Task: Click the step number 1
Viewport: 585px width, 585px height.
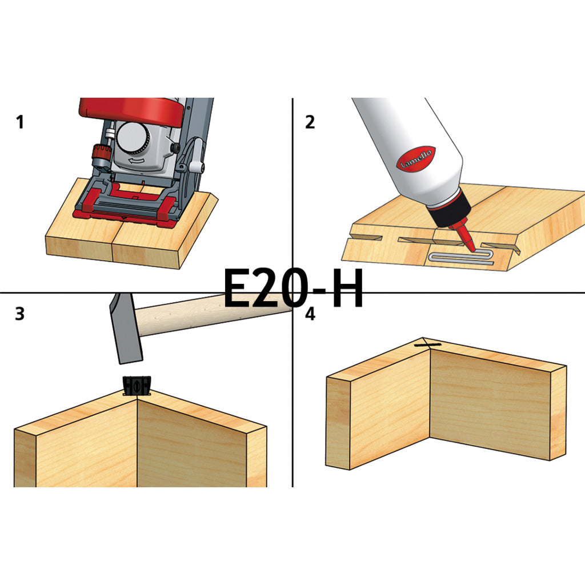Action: [x=20, y=122]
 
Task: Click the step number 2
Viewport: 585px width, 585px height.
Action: [x=310, y=122]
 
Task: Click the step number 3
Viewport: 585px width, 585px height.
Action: [x=20, y=314]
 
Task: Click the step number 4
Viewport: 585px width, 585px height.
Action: [x=310, y=314]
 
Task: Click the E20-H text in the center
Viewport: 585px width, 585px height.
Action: [x=293, y=287]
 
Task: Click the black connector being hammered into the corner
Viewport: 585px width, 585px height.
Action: [x=137, y=386]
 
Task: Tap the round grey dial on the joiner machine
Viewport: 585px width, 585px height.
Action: [x=133, y=138]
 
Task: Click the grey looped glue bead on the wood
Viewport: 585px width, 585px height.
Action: [x=462, y=258]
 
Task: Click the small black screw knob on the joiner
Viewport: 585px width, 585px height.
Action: [x=174, y=148]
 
